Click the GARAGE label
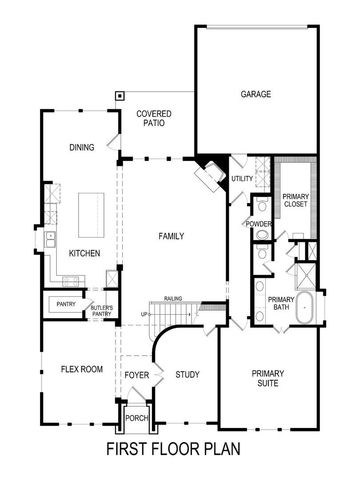tap(256, 95)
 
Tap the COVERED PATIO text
tap(154, 120)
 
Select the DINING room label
tap(82, 147)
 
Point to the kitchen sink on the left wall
tap(48, 240)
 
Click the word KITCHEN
tap(84, 254)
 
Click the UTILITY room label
tap(242, 178)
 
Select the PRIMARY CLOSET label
tap(295, 200)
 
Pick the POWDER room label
tap(260, 224)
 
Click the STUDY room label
tap(187, 375)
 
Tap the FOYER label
tap(137, 375)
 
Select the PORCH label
tap(137, 418)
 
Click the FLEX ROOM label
tap(82, 369)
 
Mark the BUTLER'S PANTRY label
tap(102, 311)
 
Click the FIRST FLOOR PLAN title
tap(173, 449)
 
